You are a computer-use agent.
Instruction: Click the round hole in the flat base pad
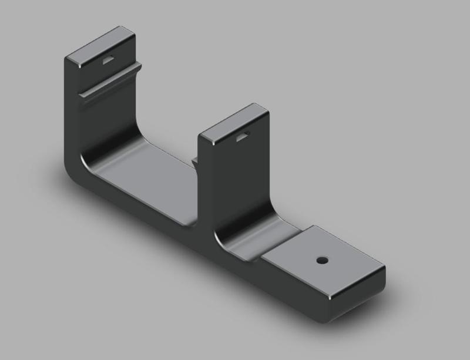pos(321,259)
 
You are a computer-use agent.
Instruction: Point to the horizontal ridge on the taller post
pos(112,82)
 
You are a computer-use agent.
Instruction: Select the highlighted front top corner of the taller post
pos(68,59)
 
